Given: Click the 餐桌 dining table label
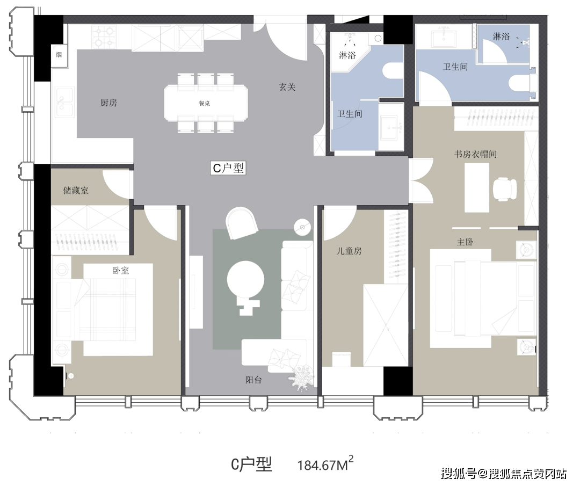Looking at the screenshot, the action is click(204, 104).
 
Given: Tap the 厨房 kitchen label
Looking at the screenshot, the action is click(108, 103).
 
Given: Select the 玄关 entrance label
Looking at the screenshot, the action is click(287, 88).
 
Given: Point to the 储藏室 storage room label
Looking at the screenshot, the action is click(76, 191).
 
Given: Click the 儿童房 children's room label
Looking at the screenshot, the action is click(349, 251).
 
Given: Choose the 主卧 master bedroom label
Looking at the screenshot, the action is click(465, 242).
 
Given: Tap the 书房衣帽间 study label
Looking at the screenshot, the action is click(475, 154).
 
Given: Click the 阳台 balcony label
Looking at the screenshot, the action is click(253, 380).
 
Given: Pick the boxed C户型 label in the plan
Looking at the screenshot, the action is click(228, 168).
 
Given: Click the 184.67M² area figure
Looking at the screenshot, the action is click(325, 463).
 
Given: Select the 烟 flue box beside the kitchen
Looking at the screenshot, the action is click(59, 55).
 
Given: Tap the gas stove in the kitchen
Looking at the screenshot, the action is click(104, 37).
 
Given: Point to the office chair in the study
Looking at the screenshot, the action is click(505, 188).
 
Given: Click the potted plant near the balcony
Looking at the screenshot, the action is click(301, 378).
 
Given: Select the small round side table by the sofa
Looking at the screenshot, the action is click(302, 227).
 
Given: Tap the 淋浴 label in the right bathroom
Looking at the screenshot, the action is click(501, 36).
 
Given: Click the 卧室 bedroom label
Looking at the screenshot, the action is click(121, 271).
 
